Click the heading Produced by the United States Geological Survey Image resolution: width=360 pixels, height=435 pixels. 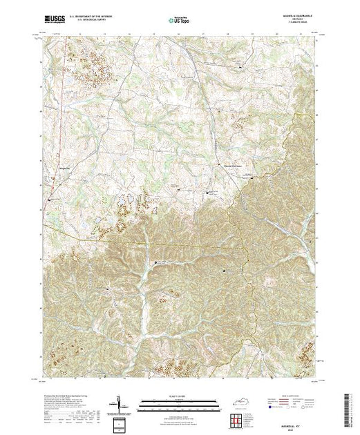click(66, 395)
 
